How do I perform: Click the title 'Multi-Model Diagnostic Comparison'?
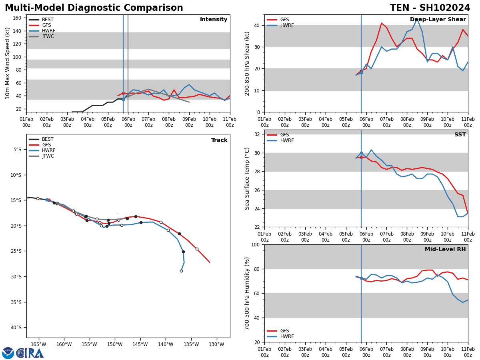(94, 8)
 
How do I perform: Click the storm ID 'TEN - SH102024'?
(430, 8)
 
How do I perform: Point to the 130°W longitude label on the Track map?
(216, 344)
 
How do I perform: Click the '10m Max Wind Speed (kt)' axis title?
(8, 63)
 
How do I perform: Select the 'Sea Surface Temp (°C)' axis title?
(247, 178)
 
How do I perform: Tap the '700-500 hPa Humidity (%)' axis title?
(247, 293)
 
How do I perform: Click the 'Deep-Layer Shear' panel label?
(438, 20)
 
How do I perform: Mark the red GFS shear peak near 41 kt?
(381, 23)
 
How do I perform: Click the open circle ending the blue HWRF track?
(181, 271)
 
